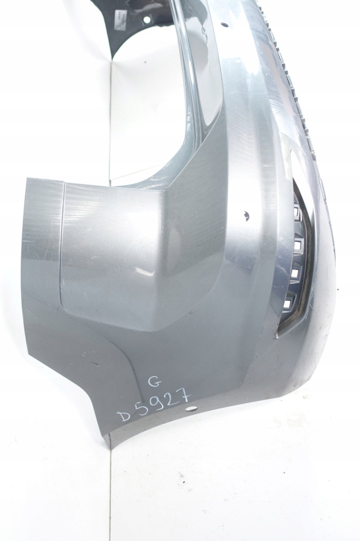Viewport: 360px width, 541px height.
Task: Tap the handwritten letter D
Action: pyautogui.click(x=127, y=416)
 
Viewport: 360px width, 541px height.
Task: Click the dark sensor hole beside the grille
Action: pyautogui.click(x=246, y=216)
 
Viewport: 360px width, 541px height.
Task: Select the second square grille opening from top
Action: pyautogui.click(x=297, y=244)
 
